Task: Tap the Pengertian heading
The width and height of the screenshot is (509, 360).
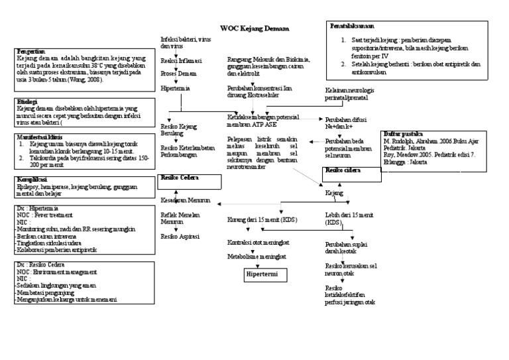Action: [x=31, y=51]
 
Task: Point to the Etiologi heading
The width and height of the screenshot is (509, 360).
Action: [x=27, y=101]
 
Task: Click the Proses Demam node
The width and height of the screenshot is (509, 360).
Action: [x=178, y=74]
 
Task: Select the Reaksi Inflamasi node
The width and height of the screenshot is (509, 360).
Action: [x=182, y=60]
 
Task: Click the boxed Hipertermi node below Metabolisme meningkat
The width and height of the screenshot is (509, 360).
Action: [x=261, y=274]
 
